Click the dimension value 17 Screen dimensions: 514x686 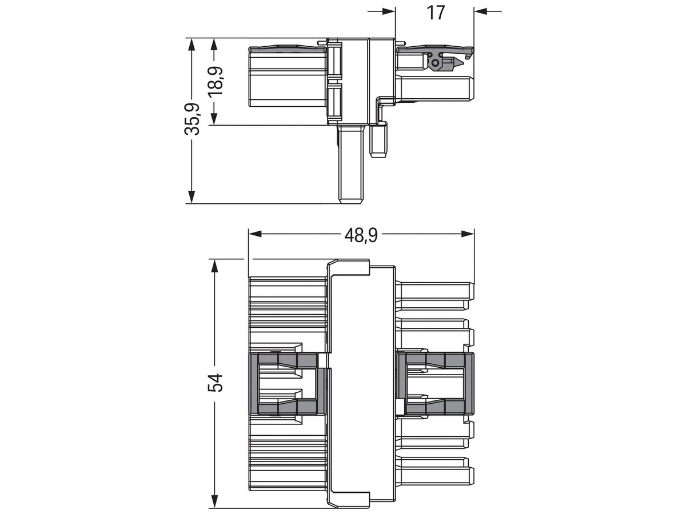(436, 11)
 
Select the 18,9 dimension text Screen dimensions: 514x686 (215, 81)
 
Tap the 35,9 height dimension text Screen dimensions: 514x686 (192, 119)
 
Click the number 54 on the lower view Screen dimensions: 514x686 (215, 383)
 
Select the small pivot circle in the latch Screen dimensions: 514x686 (436, 61)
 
